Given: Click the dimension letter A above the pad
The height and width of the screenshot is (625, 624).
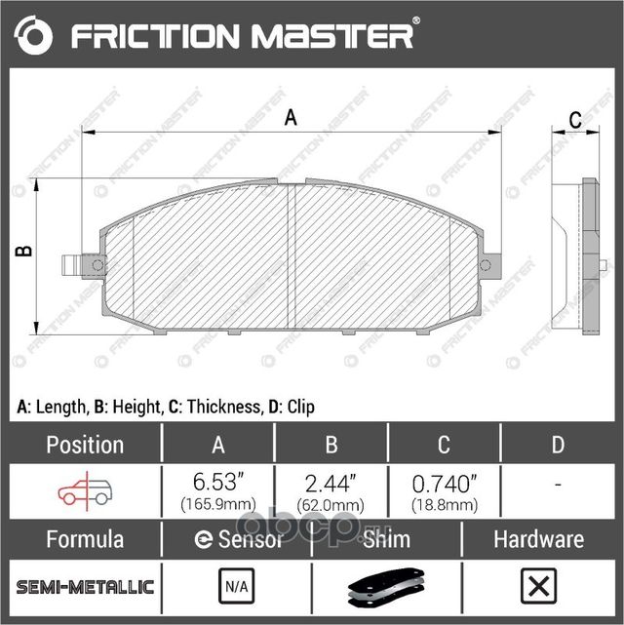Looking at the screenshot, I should tap(290, 119).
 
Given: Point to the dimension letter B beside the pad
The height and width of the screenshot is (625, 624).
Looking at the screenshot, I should tap(25, 251).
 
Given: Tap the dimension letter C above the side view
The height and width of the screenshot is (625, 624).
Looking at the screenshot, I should tap(575, 120).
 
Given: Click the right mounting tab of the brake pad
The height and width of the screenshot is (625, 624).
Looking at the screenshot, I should tap(490, 264).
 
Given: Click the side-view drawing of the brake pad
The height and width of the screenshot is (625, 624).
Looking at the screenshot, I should tap(576, 255).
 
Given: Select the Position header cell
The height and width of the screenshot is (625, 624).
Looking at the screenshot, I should tap(85, 445).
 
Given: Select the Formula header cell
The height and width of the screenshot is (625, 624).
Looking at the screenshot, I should tap(85, 539).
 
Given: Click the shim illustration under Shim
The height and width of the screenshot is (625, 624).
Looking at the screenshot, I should tap(386, 588).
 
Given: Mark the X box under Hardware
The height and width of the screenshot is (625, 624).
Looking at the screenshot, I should tap(537, 587).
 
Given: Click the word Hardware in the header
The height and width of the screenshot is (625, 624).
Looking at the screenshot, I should tap(537, 539).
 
